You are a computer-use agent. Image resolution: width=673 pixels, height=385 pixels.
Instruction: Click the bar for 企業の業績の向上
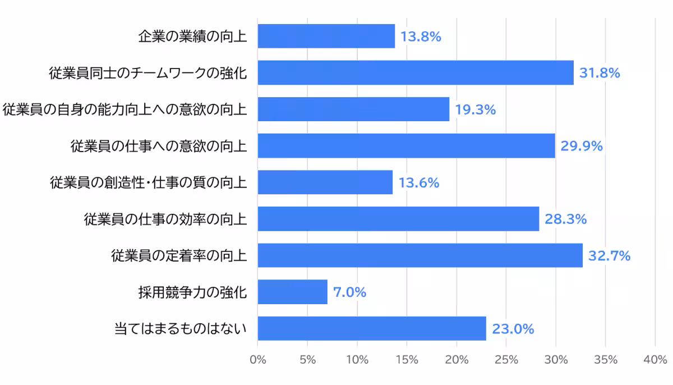coord(326,36)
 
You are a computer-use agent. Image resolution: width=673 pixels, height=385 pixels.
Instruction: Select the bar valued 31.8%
coord(416,73)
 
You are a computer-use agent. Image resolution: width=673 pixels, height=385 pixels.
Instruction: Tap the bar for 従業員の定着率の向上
coord(420,256)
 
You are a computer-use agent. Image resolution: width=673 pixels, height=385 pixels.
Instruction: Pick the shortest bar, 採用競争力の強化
coord(292,292)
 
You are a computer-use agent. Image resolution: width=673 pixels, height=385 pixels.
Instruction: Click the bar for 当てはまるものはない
coord(372,329)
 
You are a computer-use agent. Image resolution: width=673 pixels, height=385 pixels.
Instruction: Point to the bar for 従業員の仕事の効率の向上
coord(398,219)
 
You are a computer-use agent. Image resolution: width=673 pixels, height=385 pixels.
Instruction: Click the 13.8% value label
coord(421,37)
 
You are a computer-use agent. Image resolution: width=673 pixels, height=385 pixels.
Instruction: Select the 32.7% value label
coord(609,256)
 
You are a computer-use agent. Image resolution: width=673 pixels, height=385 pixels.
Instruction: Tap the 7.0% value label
coord(349,293)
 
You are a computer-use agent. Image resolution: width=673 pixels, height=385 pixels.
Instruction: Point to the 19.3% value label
coord(476,110)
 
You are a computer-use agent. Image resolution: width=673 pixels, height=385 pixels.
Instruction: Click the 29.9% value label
coord(582,146)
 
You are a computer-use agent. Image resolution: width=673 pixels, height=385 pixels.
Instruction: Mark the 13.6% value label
coord(418,183)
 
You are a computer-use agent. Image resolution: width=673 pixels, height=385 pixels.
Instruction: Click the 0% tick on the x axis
coord(258,360)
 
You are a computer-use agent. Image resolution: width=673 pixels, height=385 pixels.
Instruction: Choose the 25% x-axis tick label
coord(506,360)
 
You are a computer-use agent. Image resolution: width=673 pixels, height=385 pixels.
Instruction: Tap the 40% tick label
coord(655,360)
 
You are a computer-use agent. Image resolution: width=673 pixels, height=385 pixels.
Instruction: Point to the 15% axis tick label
coord(407,360)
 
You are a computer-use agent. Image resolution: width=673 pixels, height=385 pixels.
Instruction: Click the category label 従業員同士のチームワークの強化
coord(148,73)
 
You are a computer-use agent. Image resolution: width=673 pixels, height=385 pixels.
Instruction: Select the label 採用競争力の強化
coord(192,292)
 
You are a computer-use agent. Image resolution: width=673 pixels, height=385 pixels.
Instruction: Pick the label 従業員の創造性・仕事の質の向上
coord(148,183)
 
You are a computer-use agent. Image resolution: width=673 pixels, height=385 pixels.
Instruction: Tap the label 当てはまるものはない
coord(181,329)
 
